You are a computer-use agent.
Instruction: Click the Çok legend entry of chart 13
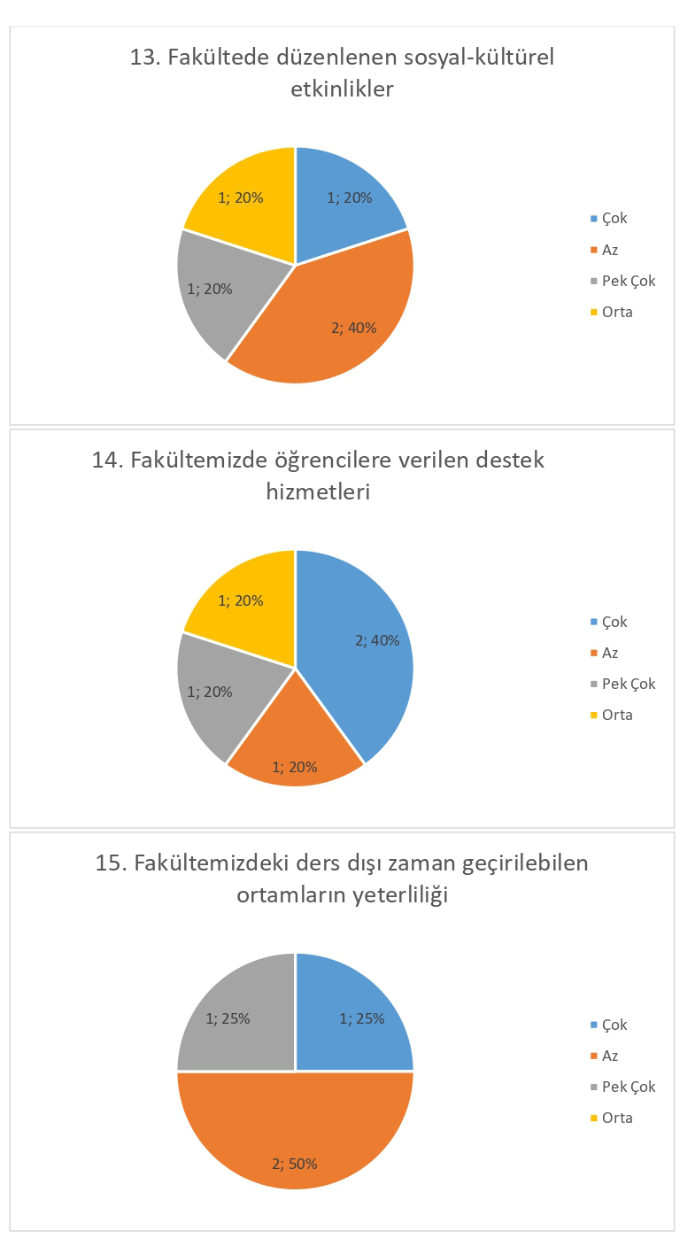[x=614, y=219]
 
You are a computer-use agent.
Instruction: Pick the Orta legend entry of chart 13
[x=616, y=312]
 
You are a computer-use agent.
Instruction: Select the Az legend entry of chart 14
[x=609, y=653]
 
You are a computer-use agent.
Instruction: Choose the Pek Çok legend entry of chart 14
[x=628, y=684]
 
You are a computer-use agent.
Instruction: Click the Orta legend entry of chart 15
[x=616, y=1118]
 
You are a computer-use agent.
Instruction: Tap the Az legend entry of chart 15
[x=609, y=1056]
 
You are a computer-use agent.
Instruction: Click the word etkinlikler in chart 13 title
[x=342, y=89]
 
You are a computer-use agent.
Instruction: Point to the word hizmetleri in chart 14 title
[x=318, y=491]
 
